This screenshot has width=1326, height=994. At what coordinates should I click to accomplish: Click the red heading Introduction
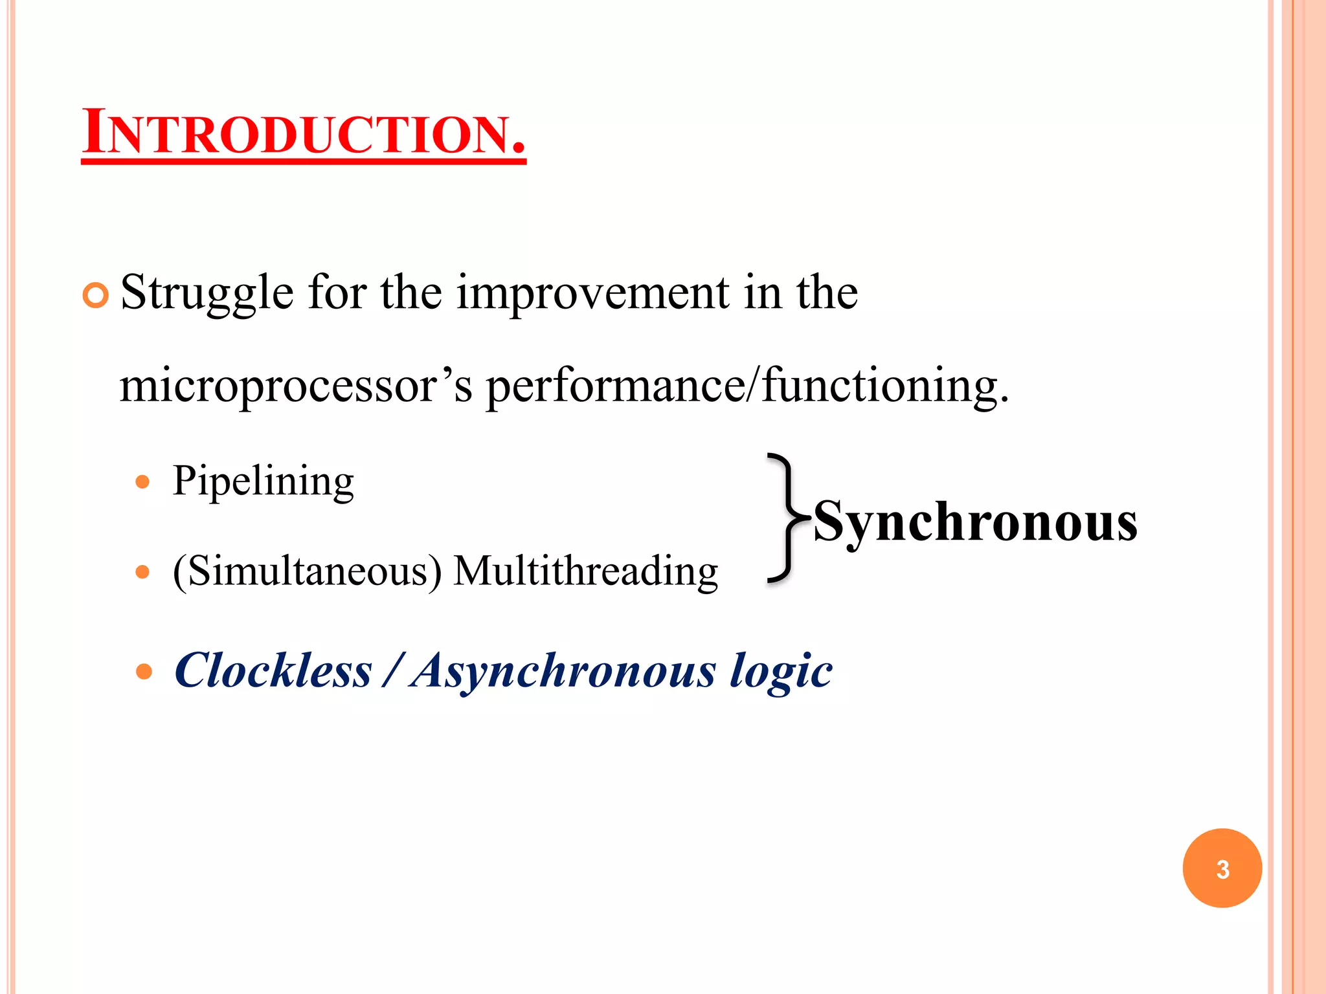coord(303,133)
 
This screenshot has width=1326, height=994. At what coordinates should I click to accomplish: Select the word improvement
coord(592,293)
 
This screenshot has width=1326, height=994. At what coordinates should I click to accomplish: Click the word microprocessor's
coord(296,386)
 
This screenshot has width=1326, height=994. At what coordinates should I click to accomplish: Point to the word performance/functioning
coord(747,386)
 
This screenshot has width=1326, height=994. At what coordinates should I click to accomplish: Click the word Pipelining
coord(263,481)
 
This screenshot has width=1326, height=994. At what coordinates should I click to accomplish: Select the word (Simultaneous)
coord(308,571)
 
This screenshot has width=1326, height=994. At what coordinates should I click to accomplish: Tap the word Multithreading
coord(585,571)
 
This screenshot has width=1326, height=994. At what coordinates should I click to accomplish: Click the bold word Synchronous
coord(975,522)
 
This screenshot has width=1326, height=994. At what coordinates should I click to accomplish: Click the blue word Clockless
coord(273,670)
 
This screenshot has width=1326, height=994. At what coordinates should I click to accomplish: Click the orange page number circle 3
coord(1222,868)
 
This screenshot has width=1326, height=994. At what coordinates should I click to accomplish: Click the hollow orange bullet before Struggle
coord(96,296)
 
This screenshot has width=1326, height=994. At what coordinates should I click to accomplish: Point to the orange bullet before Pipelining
coord(143,482)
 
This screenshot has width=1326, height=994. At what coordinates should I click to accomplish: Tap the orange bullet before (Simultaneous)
coord(143,572)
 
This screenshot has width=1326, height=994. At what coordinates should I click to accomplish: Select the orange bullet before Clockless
coord(144,671)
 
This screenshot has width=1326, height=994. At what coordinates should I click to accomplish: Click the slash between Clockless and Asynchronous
coord(392,670)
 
